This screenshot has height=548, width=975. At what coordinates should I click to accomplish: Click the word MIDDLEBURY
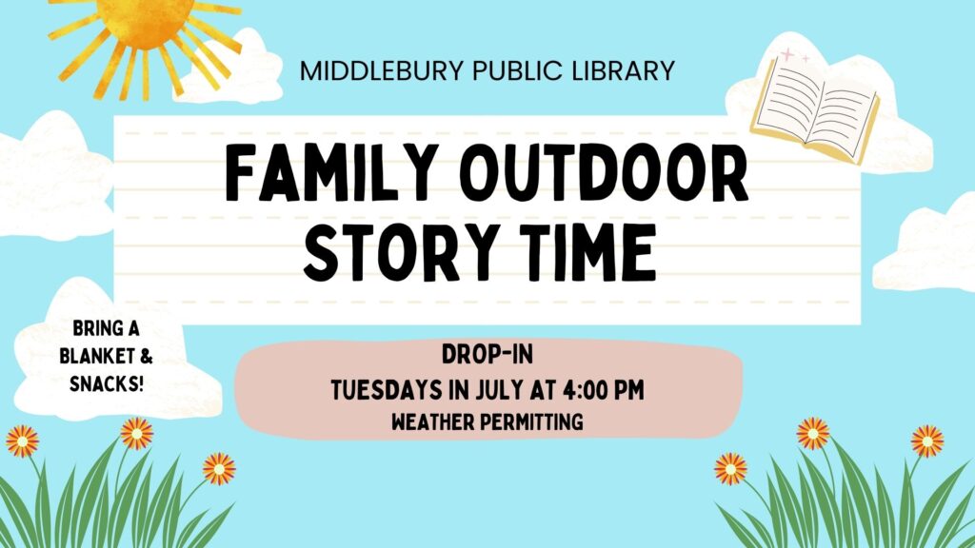pyautogui.click(x=382, y=70)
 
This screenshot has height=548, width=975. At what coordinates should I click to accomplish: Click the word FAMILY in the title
pyautogui.click(x=329, y=173)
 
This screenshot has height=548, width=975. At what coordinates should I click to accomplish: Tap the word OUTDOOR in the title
pyautogui.click(x=607, y=173)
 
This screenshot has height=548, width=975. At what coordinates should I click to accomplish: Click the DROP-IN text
pyautogui.click(x=487, y=355)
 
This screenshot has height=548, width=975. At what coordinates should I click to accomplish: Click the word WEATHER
pyautogui.click(x=433, y=422)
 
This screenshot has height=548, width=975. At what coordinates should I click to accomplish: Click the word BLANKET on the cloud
pyautogui.click(x=97, y=356)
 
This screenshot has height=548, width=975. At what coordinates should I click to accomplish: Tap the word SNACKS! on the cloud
pyautogui.click(x=107, y=384)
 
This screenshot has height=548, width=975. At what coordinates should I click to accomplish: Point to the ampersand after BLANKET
pyautogui.click(x=146, y=356)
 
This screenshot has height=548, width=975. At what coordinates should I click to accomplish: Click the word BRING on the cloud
pyautogui.click(x=91, y=328)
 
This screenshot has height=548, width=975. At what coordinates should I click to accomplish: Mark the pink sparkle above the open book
pyautogui.click(x=787, y=55)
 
